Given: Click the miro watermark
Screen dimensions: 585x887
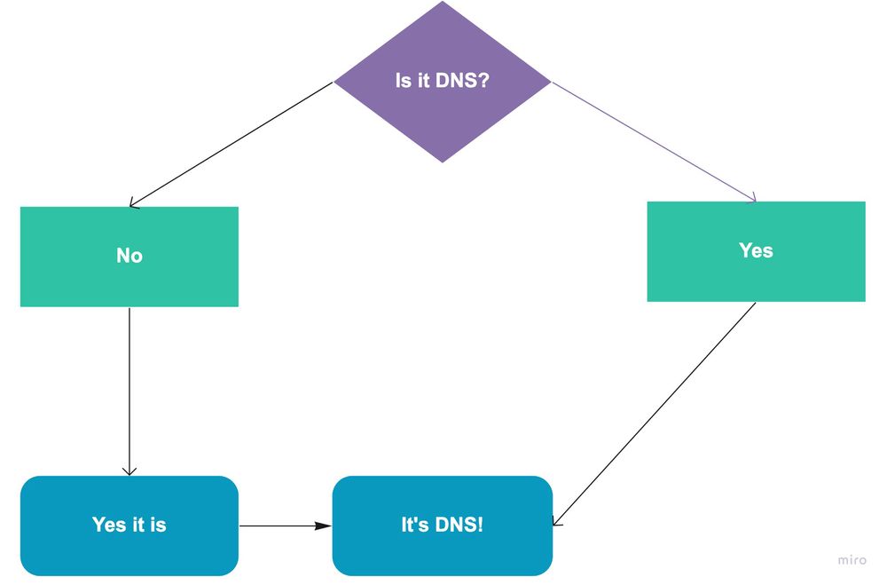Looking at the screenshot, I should coord(852,560).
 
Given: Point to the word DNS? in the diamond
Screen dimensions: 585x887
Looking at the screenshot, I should coord(463,81).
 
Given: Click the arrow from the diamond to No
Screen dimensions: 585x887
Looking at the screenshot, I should coord(231,145).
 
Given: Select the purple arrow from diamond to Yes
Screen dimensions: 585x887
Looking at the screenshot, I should coord(654,142).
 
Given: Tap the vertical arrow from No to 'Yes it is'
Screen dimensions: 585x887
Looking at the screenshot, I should coord(130,391).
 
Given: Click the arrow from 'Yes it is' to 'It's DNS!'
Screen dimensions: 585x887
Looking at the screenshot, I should coord(284,526).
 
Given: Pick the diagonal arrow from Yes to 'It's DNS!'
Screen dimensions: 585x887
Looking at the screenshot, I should coord(655,414).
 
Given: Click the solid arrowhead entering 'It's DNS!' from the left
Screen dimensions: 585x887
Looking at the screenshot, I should coord(325,526).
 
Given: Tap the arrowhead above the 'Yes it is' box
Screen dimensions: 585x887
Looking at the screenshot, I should coord(130,470).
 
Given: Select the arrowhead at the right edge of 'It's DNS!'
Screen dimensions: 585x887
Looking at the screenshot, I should coord(557,521).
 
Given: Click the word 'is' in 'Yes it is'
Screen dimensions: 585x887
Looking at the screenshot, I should coord(158,525).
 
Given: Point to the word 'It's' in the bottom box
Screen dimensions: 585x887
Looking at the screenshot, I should coord(414,525).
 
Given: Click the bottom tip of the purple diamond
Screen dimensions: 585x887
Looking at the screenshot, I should coord(443,162).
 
